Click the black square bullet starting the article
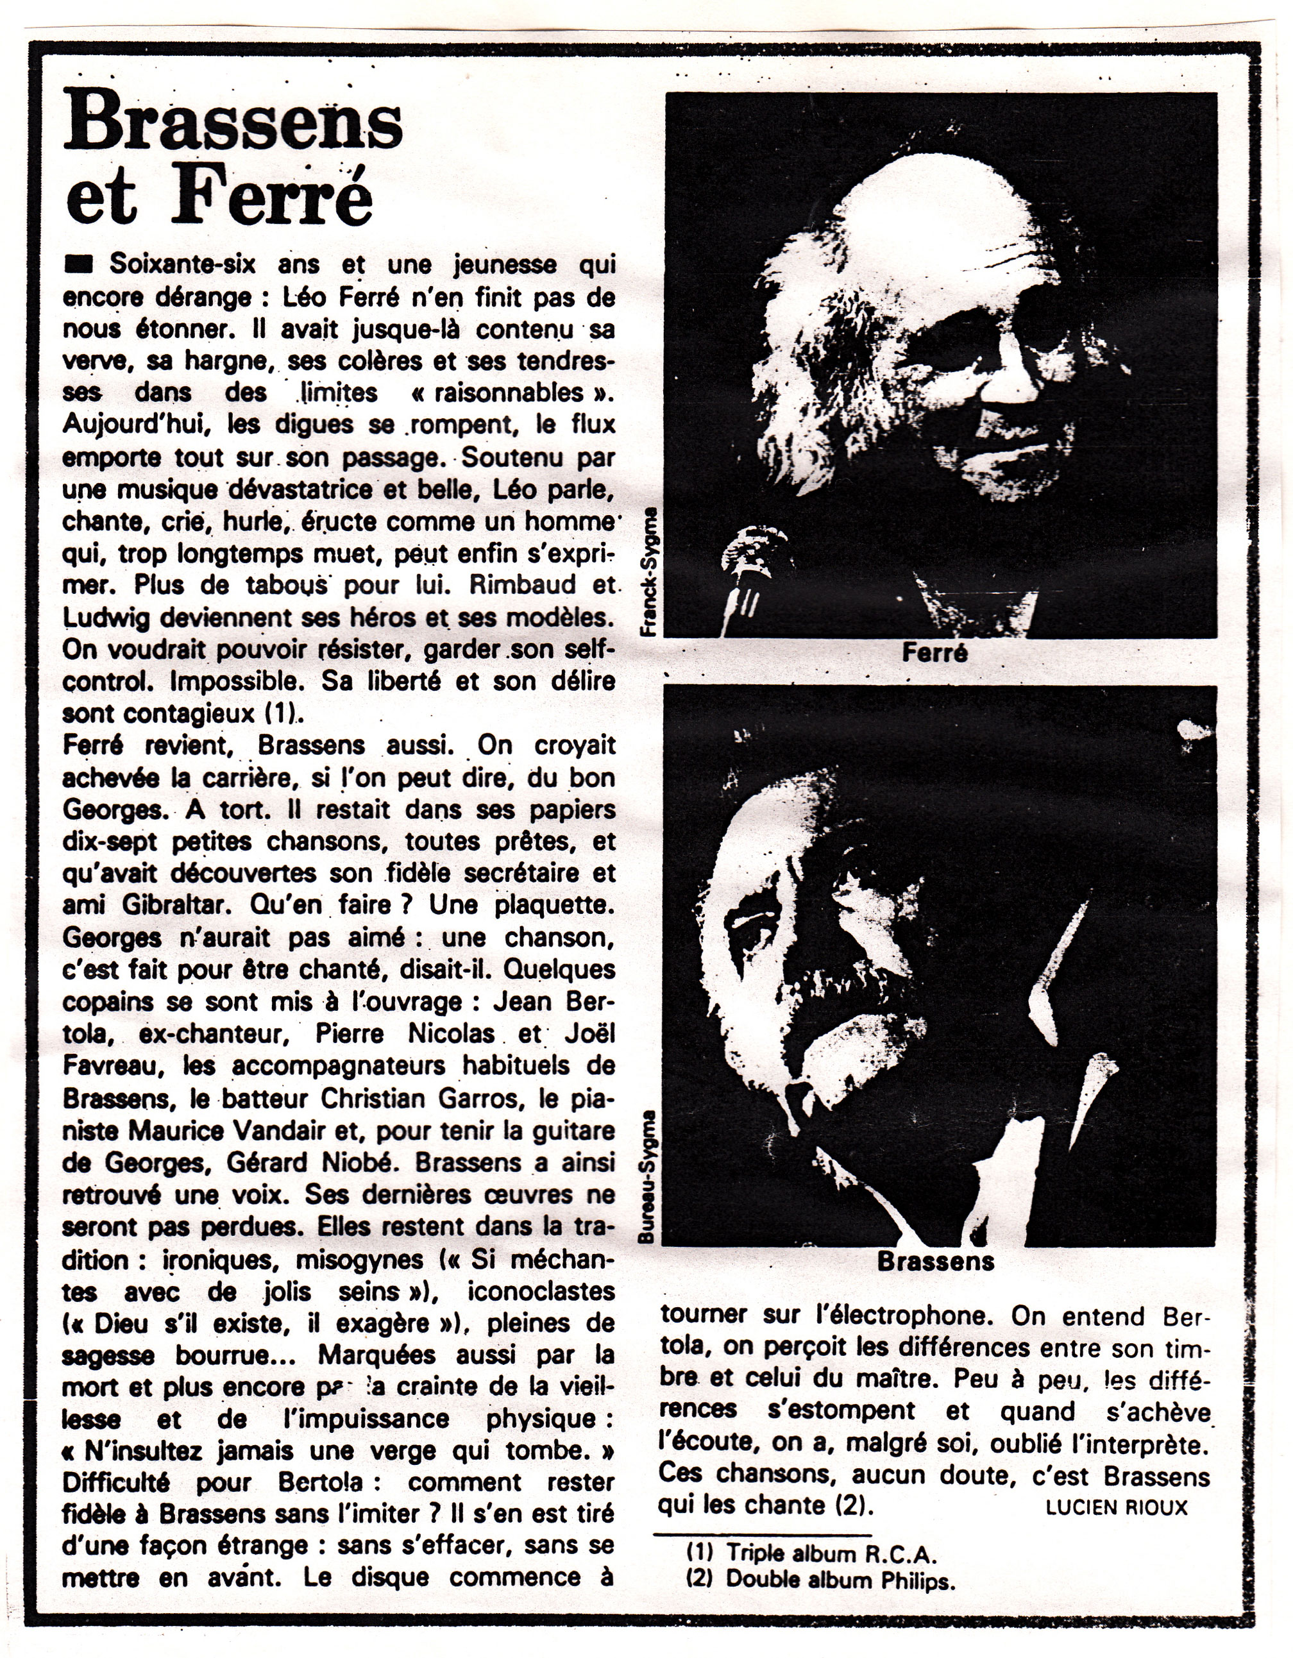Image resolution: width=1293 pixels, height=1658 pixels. (x=79, y=265)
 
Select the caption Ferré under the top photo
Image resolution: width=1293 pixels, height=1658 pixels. (x=934, y=652)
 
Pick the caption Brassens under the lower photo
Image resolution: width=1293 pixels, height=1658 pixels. (x=935, y=1261)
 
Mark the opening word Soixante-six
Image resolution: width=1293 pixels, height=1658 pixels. (x=182, y=264)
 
